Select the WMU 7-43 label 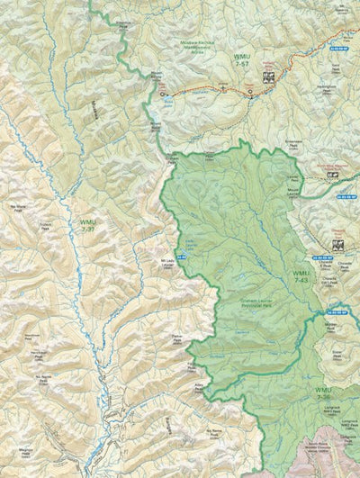click(301, 277)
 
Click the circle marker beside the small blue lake click(163, 93)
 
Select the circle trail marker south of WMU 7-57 click(250, 91)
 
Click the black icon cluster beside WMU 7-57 click(266, 77)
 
